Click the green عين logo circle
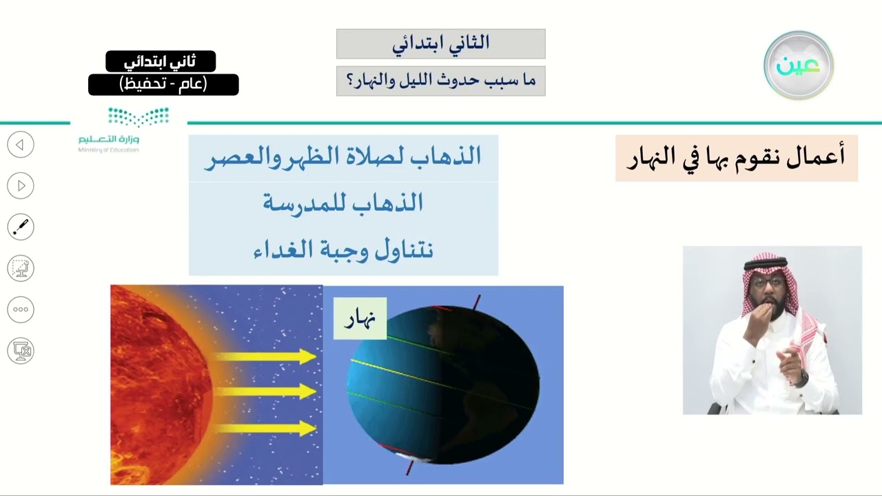click(x=799, y=65)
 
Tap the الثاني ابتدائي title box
click(x=441, y=43)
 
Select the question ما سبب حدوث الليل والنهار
click(x=441, y=81)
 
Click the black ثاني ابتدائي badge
click(x=161, y=61)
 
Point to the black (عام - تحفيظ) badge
click(x=163, y=85)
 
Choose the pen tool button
click(x=21, y=227)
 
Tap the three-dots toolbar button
click(x=21, y=309)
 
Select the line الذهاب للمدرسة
click(x=343, y=203)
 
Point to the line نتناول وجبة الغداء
click(x=343, y=249)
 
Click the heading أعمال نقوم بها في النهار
click(x=736, y=158)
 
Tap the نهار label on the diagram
click(x=360, y=318)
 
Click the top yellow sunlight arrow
click(x=266, y=357)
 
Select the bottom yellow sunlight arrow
click(x=266, y=428)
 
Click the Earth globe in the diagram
click(x=443, y=384)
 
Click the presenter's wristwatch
click(x=801, y=378)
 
